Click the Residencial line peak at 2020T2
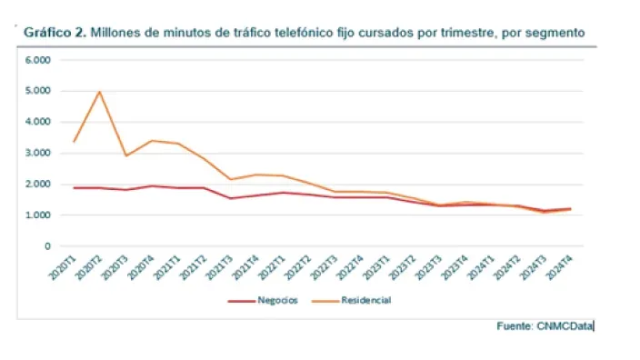(x=99, y=91)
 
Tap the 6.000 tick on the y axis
(x=37, y=60)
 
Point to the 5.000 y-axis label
(x=37, y=91)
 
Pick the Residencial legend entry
(x=365, y=300)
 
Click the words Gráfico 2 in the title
(x=55, y=32)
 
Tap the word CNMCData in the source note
(x=564, y=325)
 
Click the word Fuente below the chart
(x=515, y=325)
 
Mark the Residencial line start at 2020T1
(x=74, y=142)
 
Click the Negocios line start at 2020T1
(x=74, y=187)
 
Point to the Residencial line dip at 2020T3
(x=125, y=155)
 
